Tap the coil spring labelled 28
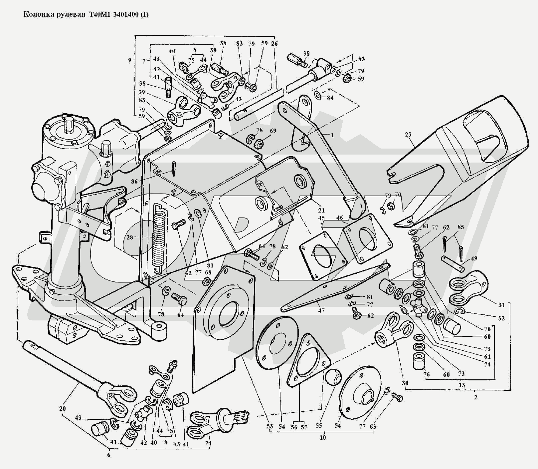[159, 236]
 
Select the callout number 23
[408, 135]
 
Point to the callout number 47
[321, 310]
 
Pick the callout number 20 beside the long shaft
[63, 408]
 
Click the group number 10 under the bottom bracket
[323, 437]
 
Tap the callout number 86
[134, 182]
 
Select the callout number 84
[330, 98]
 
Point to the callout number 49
[474, 258]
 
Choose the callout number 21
[321, 211]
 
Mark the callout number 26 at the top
[274, 44]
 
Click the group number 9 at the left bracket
[129, 60]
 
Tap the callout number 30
[405, 383]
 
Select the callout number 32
[501, 318]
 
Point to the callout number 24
[209, 444]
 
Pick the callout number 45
[321, 218]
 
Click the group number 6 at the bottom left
[108, 455]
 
